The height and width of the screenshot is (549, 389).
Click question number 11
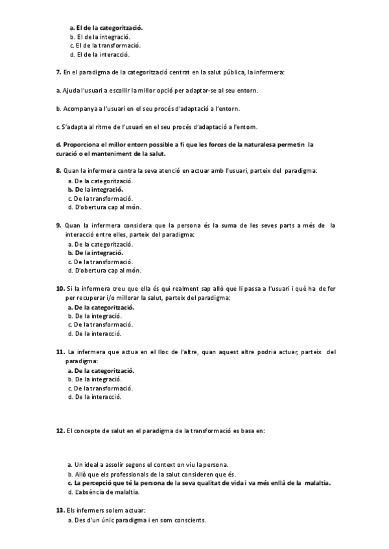(60, 352)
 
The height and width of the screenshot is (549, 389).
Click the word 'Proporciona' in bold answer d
(82, 144)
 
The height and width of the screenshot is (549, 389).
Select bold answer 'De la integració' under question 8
(99, 190)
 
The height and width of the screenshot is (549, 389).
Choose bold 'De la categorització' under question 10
(104, 308)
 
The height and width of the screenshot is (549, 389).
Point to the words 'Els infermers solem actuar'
(104, 511)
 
